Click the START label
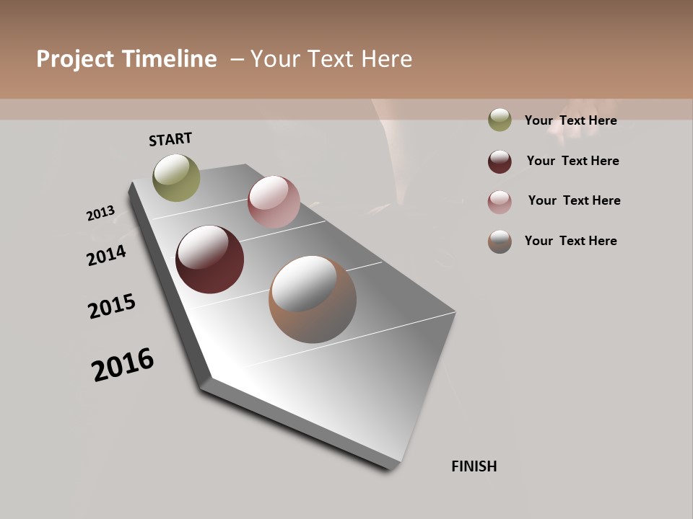(170, 139)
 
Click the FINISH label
(474, 466)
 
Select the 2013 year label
(100, 213)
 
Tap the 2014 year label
(106, 255)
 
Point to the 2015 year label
(112, 306)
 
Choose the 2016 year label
(123, 365)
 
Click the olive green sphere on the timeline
(176, 177)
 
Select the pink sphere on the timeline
(274, 202)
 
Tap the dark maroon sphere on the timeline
(209, 259)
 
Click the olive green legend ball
(500, 120)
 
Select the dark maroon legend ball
(500, 161)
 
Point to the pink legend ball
(500, 202)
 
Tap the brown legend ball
(500, 241)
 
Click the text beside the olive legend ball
(570, 120)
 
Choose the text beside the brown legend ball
(570, 241)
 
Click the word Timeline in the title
(169, 59)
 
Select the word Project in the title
(75, 59)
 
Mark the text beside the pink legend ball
(574, 200)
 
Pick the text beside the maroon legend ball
(572, 161)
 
